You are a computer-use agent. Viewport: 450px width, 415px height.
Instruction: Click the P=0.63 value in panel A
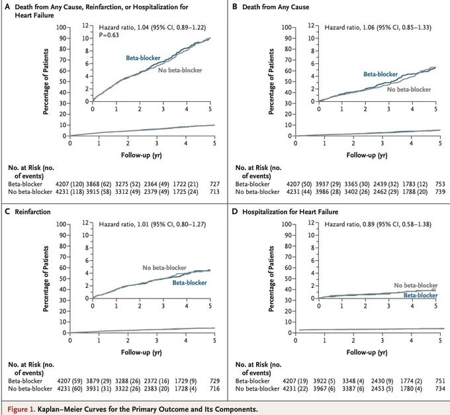tap(109, 35)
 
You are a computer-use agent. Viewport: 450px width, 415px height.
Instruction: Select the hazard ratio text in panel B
tap(378, 27)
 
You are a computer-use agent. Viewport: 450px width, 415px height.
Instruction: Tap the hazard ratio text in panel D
tap(378, 224)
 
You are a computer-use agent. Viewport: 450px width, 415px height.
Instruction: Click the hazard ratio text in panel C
tap(152, 224)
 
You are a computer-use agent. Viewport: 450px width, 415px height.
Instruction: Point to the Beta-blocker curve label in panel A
tap(143, 58)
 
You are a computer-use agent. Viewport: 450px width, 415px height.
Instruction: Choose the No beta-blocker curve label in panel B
tap(409, 89)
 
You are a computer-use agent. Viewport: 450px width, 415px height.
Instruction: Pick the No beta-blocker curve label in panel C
tap(164, 268)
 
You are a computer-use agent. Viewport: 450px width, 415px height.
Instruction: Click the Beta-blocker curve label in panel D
tap(421, 295)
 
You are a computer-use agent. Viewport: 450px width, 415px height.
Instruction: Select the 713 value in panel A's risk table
tap(214, 192)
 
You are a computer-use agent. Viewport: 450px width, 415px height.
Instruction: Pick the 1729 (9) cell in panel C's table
tap(186, 381)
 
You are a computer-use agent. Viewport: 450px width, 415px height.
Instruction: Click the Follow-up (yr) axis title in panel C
tap(142, 352)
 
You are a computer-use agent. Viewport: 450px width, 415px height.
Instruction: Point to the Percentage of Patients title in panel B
tap(271, 81)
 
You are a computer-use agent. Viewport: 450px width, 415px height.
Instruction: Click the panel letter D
tap(235, 212)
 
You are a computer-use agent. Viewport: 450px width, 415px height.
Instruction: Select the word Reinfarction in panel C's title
tap(32, 212)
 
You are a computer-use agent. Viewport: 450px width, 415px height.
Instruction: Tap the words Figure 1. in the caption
tap(21, 409)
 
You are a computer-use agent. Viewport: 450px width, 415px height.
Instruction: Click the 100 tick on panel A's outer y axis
tap(61, 27)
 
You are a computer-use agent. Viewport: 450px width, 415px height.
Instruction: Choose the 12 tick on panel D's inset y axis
tap(311, 222)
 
